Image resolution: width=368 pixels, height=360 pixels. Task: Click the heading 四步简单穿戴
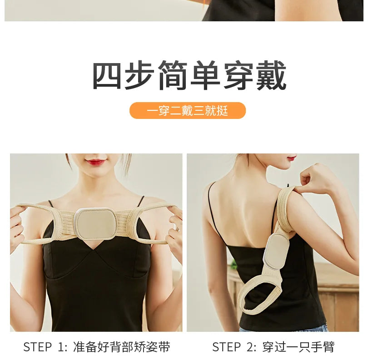189,75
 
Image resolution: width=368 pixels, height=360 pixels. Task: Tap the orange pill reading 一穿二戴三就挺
187,111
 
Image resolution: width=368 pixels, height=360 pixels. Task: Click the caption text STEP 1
45,347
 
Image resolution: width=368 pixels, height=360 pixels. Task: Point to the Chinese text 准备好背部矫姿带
121,347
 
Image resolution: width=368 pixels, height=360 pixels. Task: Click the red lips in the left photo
96,162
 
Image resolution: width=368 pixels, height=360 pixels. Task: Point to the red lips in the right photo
291,158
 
